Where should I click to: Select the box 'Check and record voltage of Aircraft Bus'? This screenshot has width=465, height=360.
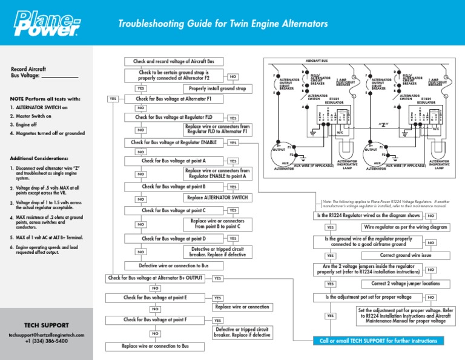(x=173, y=61)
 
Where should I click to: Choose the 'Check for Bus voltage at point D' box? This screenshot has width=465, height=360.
(x=173, y=239)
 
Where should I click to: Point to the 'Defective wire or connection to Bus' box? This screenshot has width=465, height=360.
(x=173, y=265)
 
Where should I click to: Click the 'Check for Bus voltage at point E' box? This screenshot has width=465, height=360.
(x=155, y=298)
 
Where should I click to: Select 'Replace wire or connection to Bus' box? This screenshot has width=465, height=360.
(x=155, y=346)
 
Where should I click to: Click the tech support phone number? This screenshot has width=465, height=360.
(x=46, y=341)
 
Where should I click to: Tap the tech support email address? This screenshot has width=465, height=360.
(x=46, y=335)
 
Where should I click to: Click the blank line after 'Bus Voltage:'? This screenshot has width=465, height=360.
(x=60, y=77)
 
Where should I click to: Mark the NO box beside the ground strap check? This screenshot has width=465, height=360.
(x=233, y=77)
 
